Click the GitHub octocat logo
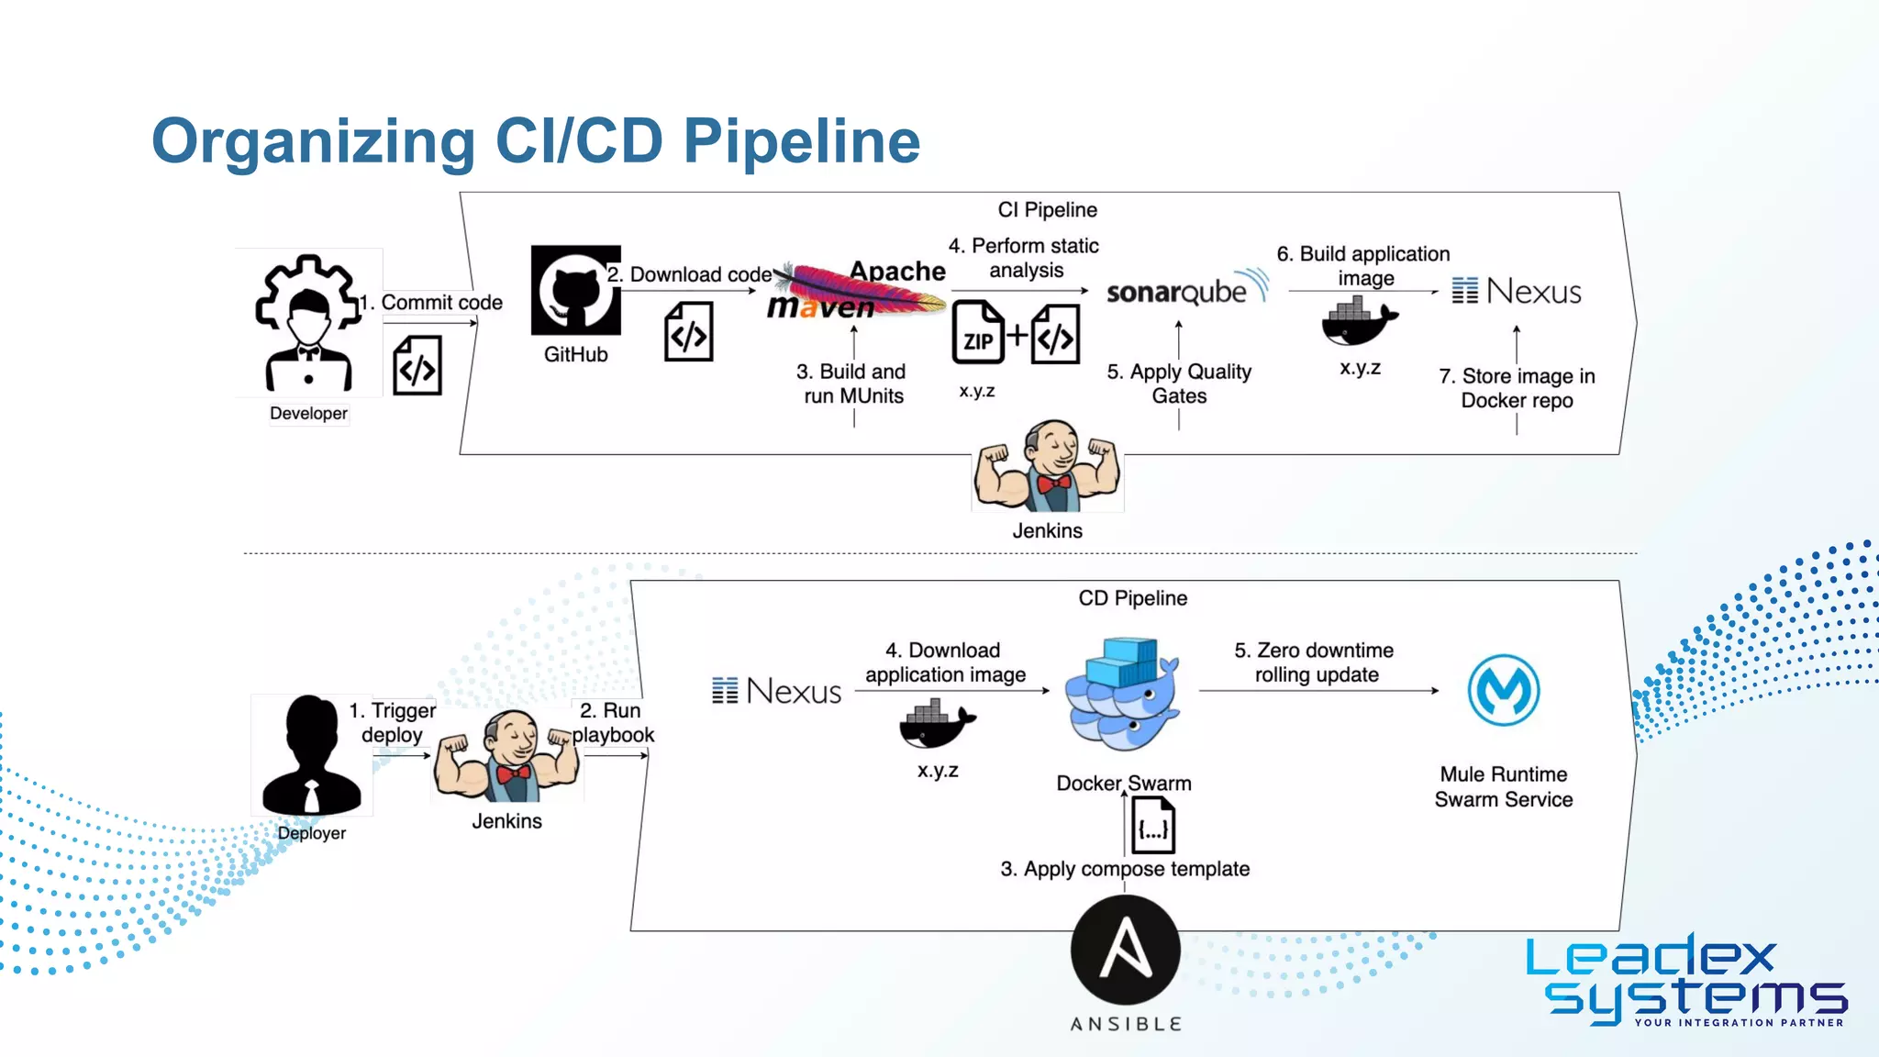coord(575,291)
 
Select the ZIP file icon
coord(978,332)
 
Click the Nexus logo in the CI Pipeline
coord(1517,292)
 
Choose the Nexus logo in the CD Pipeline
coord(777,691)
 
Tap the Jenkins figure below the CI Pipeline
coord(1048,468)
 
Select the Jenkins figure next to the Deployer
coord(507,757)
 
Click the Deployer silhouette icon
coord(311,756)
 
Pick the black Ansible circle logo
coord(1126,951)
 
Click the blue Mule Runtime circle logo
coord(1503,690)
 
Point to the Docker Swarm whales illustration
coord(1122,695)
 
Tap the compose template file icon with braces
coord(1153,826)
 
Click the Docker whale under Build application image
coord(1358,322)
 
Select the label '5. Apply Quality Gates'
coord(1179,384)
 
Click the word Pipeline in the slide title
coord(801,141)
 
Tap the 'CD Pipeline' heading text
coord(1132,598)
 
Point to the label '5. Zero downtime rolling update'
coord(1315,662)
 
